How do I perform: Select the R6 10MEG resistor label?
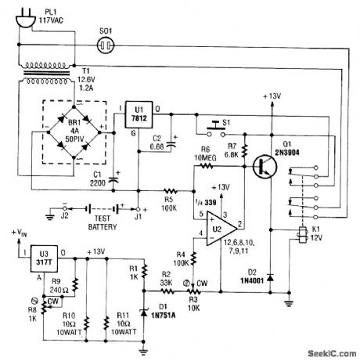[205, 154]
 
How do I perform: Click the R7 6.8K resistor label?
[233, 154]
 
